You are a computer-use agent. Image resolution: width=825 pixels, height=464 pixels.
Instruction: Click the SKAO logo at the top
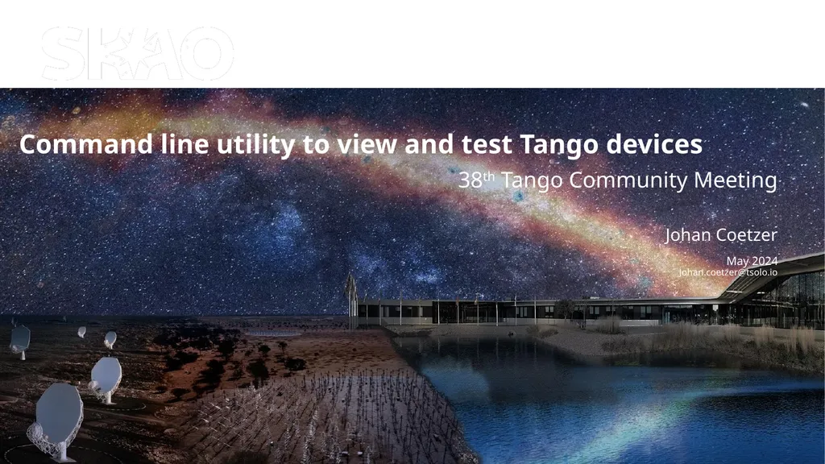click(x=137, y=53)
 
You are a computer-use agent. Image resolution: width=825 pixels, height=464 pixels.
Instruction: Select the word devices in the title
click(x=653, y=146)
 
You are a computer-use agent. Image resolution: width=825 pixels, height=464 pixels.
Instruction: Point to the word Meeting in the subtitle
click(x=738, y=180)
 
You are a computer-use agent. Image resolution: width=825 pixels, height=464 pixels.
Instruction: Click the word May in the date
click(x=738, y=261)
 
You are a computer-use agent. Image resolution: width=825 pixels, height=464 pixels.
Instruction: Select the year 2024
click(x=765, y=261)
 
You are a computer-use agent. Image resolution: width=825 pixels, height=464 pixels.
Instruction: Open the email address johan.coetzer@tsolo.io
click(x=728, y=272)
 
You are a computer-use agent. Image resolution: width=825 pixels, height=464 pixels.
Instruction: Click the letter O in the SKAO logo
click(x=205, y=54)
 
